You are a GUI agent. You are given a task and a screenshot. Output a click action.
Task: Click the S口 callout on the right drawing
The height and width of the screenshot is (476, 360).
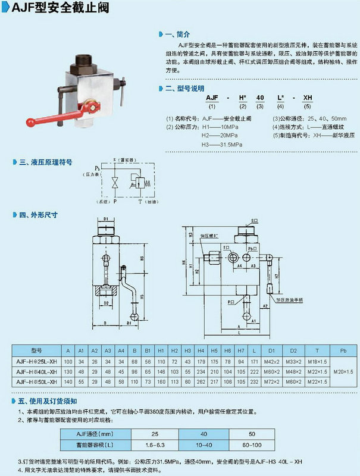tap(255, 220)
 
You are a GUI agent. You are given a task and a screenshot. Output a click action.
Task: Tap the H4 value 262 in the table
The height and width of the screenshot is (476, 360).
tap(201, 381)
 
